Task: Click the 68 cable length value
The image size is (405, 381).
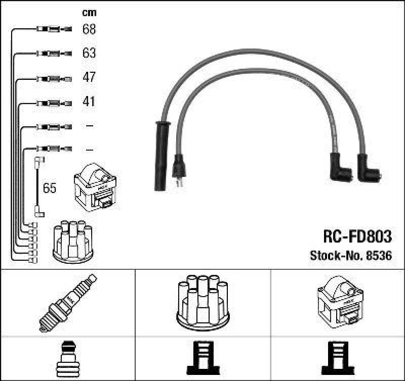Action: click(x=89, y=29)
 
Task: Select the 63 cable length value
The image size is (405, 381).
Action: click(x=89, y=53)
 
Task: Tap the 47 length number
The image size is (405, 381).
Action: click(x=89, y=77)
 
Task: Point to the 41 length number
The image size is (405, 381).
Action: click(x=89, y=102)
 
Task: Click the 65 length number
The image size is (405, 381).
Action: click(x=50, y=188)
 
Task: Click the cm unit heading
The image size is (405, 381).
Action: click(x=89, y=13)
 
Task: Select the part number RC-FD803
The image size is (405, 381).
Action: click(x=357, y=236)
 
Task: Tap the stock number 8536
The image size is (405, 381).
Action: click(x=378, y=256)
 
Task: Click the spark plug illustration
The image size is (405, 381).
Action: click(x=67, y=302)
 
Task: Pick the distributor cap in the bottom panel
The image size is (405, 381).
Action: click(x=201, y=301)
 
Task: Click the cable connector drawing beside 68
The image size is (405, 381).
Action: click(x=54, y=29)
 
